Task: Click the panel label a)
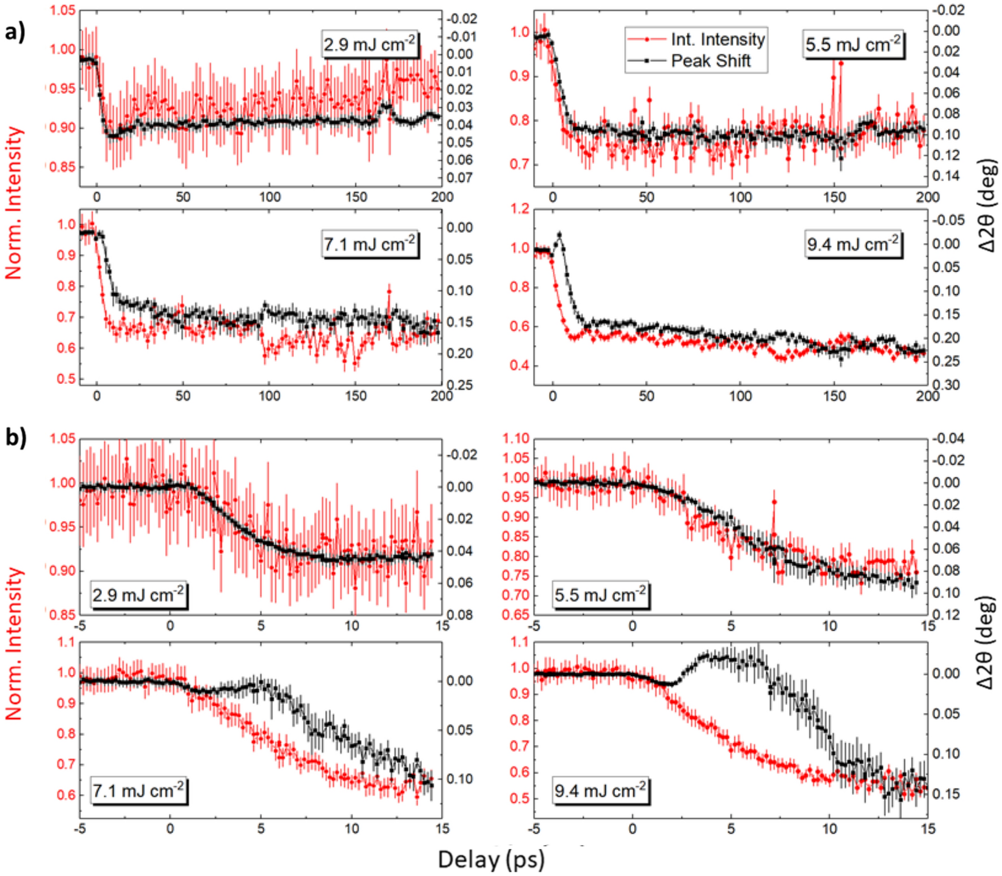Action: point(15,32)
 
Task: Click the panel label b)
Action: point(15,437)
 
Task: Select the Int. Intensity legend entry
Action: point(717,39)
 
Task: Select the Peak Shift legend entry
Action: point(710,61)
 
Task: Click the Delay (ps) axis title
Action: point(491,859)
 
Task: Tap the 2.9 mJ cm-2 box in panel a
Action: point(370,44)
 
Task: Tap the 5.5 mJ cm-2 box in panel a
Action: point(853,45)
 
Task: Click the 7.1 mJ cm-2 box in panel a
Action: point(370,244)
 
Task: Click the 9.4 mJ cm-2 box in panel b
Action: point(600,790)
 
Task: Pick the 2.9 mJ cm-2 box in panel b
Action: point(139,595)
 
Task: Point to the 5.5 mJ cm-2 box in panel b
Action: point(600,595)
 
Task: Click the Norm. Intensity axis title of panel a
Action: point(14,203)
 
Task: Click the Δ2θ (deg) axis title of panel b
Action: point(986,642)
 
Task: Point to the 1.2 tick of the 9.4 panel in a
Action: point(520,209)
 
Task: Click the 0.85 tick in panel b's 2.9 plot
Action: point(62,615)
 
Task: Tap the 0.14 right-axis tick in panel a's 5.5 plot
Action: point(946,176)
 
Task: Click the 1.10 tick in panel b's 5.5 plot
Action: point(516,438)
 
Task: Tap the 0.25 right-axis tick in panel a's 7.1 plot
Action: point(459,385)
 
